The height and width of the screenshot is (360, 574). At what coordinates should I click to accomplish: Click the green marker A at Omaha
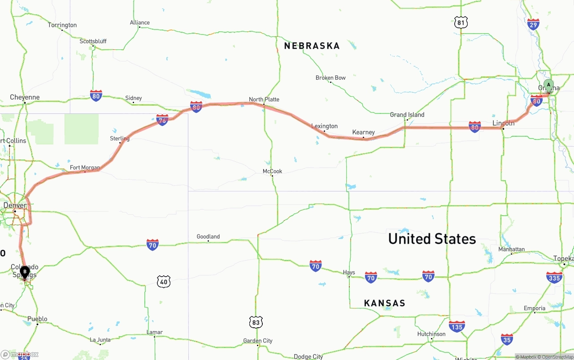click(548, 85)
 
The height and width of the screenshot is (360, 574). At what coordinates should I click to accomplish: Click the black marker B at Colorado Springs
click(25, 272)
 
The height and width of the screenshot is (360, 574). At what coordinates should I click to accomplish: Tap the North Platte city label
click(264, 100)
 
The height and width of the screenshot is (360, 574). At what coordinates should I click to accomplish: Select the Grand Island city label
click(407, 115)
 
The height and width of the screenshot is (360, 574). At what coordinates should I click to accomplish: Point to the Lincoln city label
click(504, 123)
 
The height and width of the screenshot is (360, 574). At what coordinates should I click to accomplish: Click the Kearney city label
click(363, 132)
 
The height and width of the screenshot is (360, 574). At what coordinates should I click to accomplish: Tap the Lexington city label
click(324, 126)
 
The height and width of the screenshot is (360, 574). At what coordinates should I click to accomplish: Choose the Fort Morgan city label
click(85, 168)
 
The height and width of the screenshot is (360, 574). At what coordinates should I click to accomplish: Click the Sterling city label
click(120, 139)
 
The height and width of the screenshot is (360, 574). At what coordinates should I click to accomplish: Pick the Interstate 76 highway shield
click(162, 120)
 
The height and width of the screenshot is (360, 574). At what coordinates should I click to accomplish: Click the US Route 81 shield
click(461, 22)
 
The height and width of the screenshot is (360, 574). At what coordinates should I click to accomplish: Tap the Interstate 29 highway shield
click(534, 24)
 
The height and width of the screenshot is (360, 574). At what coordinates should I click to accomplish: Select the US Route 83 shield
click(256, 322)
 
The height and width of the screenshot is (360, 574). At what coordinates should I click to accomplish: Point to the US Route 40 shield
click(164, 282)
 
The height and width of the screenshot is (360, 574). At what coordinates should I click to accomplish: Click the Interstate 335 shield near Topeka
click(555, 278)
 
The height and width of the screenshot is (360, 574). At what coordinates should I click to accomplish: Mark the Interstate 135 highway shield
click(457, 326)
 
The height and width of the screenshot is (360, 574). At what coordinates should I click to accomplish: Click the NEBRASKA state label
click(312, 46)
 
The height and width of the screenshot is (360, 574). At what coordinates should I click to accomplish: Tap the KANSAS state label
click(384, 303)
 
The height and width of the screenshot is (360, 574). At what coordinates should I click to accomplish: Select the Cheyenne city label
click(25, 97)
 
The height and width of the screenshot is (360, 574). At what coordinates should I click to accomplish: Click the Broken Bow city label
click(330, 78)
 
